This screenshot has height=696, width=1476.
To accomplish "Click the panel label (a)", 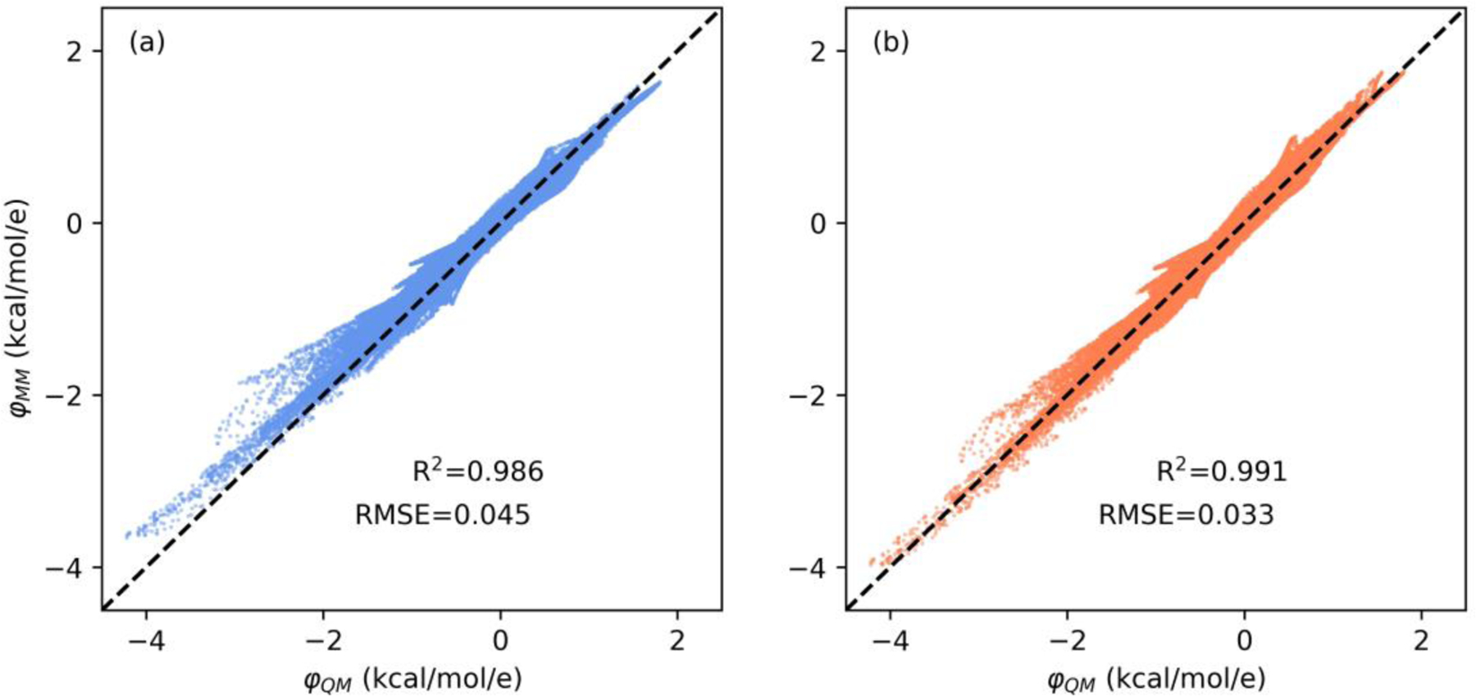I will pos(147,42).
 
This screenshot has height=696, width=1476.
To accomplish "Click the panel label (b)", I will pos(891,42).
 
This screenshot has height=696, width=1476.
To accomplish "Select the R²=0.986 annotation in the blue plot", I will pos(477,471).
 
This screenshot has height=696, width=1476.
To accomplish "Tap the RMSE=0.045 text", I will pos(442,515).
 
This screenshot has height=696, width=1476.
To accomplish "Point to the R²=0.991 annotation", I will pos(1221,471).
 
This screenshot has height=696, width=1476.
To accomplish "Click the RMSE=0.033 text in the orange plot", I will pos(1186,515).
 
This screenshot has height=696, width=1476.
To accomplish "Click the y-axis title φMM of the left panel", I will pos(22,308).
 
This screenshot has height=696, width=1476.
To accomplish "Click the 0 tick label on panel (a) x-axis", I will pos(500,640).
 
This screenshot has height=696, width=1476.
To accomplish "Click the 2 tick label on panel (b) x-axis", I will pos(1421,640).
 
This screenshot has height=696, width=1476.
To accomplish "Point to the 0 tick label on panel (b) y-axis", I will pos(818,223).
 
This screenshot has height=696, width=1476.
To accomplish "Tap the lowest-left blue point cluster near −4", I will pos(131,534).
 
